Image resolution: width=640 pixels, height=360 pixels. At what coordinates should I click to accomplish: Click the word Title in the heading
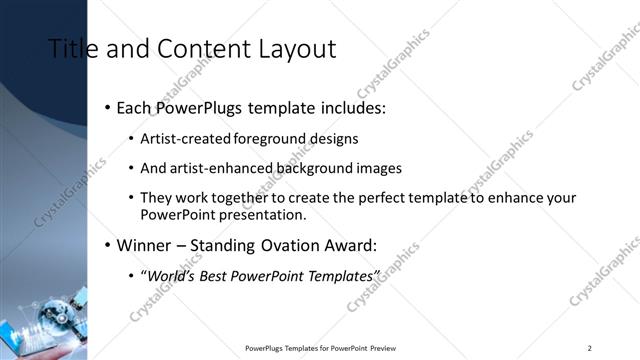70,49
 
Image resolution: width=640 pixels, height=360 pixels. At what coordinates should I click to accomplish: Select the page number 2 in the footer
590,348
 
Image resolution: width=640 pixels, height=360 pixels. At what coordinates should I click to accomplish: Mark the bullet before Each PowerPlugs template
107,107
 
